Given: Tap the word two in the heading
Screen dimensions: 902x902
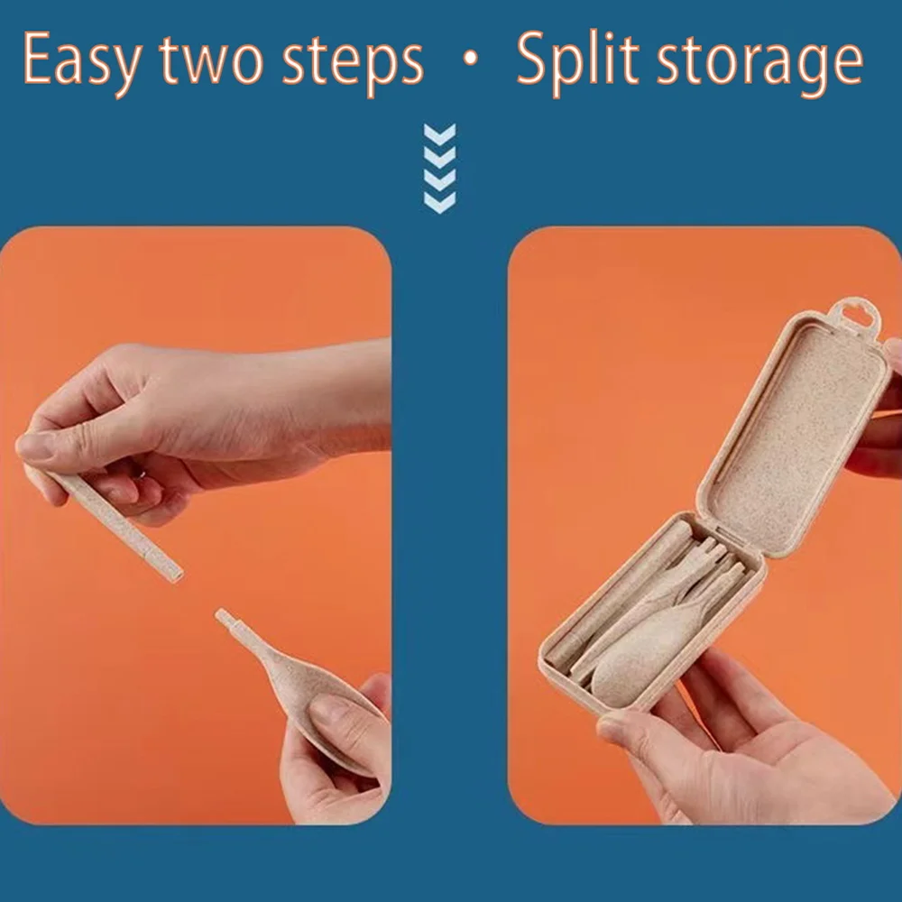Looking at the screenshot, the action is pyautogui.click(x=210, y=61).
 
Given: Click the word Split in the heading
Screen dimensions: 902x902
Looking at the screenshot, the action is pyautogui.click(x=577, y=60).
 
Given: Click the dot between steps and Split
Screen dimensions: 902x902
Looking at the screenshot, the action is pyautogui.click(x=471, y=58).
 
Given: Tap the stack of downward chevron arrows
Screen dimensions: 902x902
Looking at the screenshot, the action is pyautogui.click(x=439, y=169).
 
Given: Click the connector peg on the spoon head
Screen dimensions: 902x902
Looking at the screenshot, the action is pyautogui.click(x=226, y=621).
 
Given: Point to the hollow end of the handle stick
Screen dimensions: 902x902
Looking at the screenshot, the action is pyautogui.click(x=176, y=575).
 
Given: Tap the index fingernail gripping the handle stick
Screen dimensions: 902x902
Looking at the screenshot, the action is pyautogui.click(x=33, y=446).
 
